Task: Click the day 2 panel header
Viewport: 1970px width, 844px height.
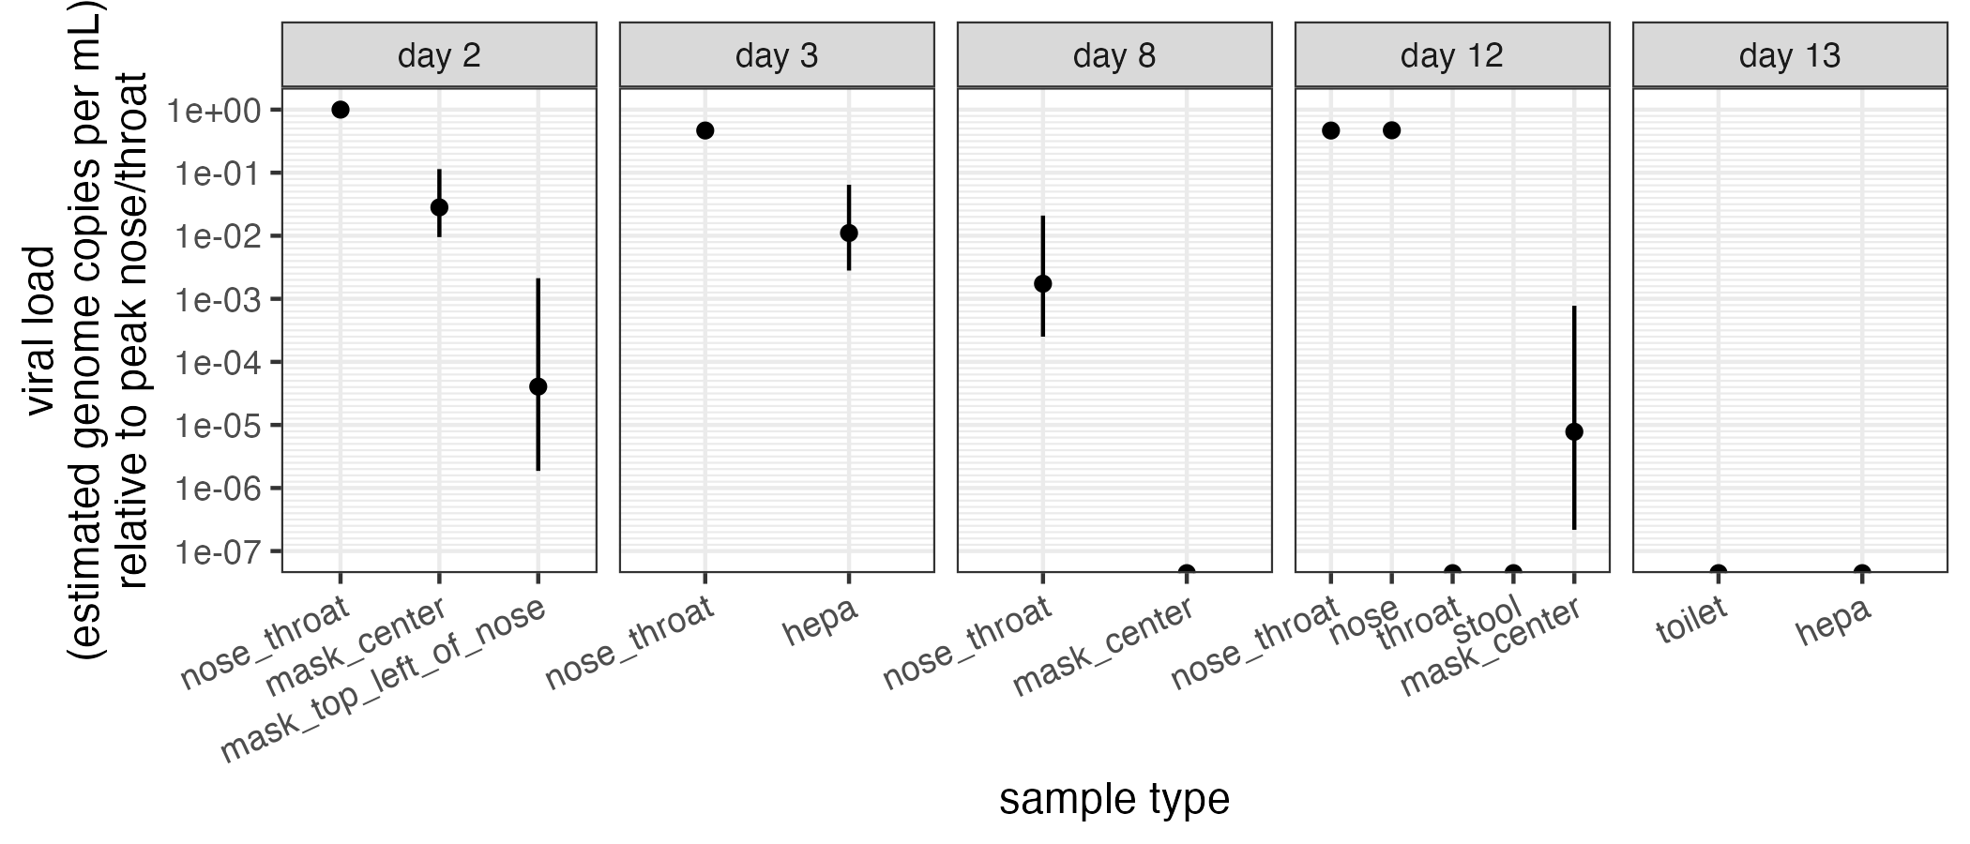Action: click(x=439, y=55)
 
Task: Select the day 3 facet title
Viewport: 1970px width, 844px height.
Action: click(x=777, y=55)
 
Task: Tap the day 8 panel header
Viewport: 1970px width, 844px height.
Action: click(x=1114, y=55)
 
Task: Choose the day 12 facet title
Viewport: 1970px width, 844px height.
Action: click(x=1452, y=55)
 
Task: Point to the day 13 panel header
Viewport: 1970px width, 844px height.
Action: click(x=1790, y=55)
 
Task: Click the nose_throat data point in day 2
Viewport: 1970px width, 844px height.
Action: click(x=341, y=110)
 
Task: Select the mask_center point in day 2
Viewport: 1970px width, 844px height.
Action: click(x=439, y=207)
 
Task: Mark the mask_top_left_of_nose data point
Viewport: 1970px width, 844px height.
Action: click(x=538, y=386)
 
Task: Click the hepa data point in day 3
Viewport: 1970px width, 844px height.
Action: click(x=849, y=233)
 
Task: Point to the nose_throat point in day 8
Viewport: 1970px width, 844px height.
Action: click(x=1042, y=283)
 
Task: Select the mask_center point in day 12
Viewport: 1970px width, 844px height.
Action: click(x=1574, y=431)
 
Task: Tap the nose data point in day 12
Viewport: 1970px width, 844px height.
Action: click(x=1391, y=130)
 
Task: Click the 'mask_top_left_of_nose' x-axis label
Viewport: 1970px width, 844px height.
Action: click(x=382, y=678)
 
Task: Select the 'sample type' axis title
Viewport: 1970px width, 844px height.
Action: click(x=1114, y=800)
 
